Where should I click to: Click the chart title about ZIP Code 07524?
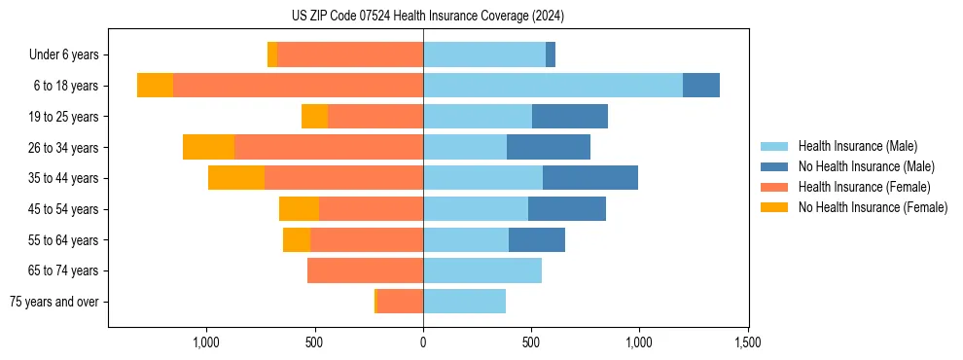482,16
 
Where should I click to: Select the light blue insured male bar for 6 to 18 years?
553,86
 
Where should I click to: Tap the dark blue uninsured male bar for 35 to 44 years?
590,178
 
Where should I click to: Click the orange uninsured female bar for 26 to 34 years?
208,147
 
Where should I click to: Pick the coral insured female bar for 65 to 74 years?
365,270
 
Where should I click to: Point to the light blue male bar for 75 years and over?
464,302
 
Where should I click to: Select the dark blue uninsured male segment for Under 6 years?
551,54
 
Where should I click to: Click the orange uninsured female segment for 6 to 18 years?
155,86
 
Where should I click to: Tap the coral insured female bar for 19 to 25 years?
375,117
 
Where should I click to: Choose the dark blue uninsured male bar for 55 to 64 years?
537,239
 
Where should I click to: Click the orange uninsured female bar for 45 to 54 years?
299,209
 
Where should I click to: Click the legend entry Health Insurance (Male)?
857,146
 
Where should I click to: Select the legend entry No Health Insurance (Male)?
866,166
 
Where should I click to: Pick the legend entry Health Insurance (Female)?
864,187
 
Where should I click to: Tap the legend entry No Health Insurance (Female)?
873,207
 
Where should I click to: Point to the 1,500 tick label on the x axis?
747,342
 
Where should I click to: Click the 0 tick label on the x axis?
423,342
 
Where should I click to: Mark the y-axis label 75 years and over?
53,302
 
